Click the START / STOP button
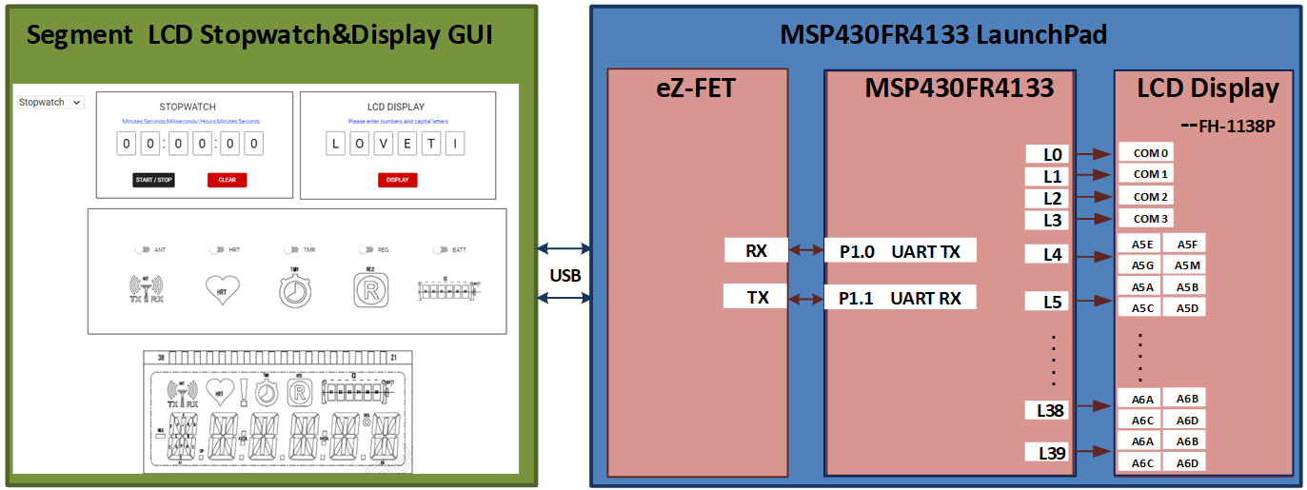point(153,180)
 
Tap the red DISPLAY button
point(397,180)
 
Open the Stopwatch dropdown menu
point(50,102)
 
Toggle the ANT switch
point(142,249)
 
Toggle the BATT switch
point(440,249)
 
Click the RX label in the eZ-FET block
point(757,250)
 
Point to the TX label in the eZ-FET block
point(757,298)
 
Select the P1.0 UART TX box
point(900,250)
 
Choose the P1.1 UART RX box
point(900,298)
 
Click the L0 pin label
point(1051,154)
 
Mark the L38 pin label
point(1051,410)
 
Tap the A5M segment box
point(1186,265)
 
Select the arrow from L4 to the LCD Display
point(1092,254)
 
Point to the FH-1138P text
point(1228,124)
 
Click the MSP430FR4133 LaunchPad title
point(943,35)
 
